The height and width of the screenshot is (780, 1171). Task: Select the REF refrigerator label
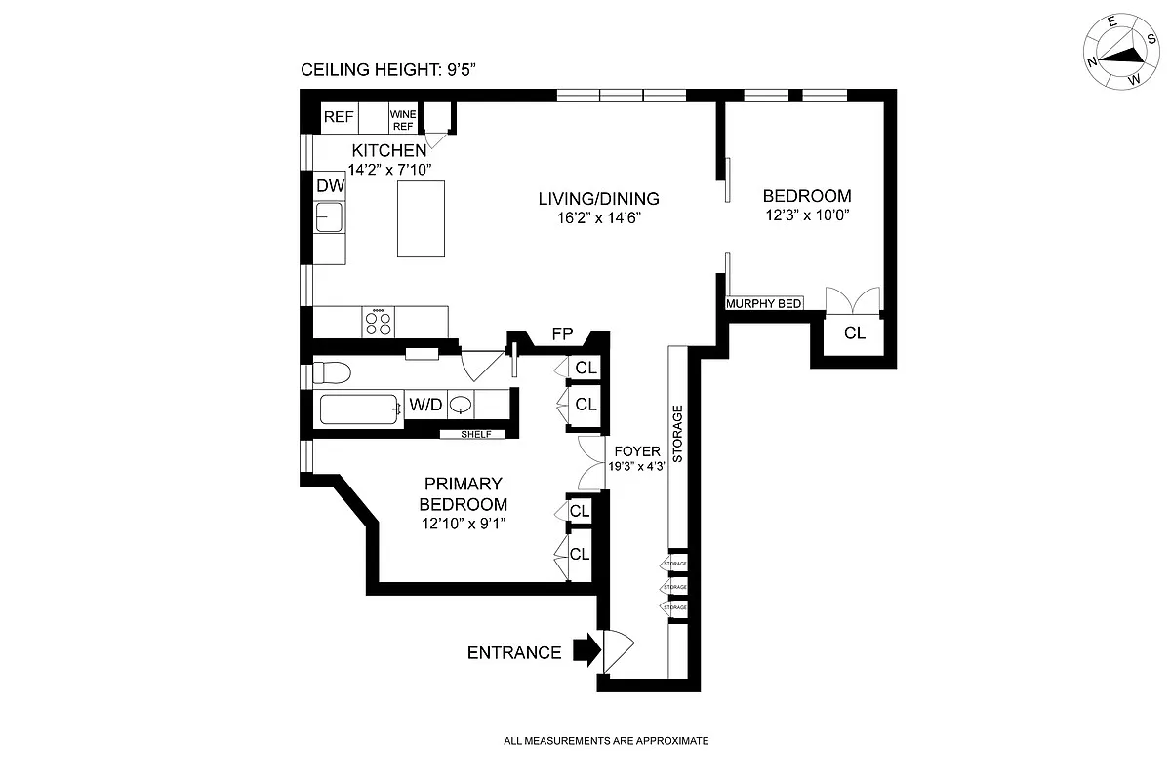339,117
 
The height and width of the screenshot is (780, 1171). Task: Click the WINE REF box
403,119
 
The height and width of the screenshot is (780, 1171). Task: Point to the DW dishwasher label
328,185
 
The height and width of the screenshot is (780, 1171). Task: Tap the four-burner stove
379,322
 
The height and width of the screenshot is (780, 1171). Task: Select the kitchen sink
329,215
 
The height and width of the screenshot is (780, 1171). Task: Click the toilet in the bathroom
332,372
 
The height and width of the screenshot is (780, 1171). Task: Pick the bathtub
360,409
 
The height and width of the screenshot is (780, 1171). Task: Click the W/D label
424,405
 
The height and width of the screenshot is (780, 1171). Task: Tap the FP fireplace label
562,334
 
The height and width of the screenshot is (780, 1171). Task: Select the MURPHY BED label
763,304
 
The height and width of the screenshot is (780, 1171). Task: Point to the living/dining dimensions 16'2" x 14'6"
598,217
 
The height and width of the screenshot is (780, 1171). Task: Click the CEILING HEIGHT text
387,70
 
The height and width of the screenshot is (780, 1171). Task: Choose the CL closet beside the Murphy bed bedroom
854,333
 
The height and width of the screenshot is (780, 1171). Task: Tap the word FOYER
637,452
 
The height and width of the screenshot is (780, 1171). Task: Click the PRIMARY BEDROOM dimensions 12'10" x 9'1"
463,524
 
